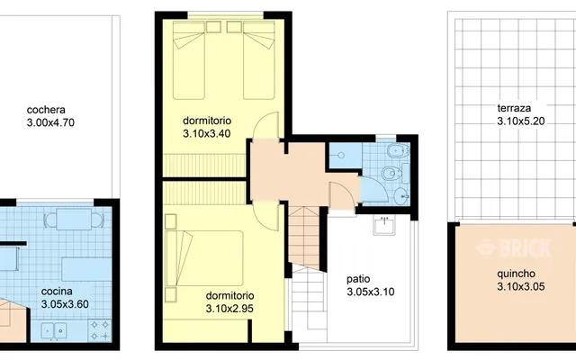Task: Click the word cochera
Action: tap(46, 110)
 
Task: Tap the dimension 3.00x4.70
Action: tap(50, 122)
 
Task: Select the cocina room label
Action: tap(57, 292)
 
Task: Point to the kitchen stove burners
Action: tap(100, 330)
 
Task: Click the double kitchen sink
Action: tap(54, 330)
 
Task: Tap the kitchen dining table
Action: tap(74, 220)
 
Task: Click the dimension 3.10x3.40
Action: tap(207, 133)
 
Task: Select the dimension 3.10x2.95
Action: tap(229, 309)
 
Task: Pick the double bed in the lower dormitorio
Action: tap(204, 258)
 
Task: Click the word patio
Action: tap(358, 279)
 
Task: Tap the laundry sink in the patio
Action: tap(384, 224)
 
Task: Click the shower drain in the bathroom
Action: tap(341, 156)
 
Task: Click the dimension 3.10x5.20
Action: tap(521, 121)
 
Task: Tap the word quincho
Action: tap(516, 274)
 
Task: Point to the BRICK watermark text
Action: tap(514, 247)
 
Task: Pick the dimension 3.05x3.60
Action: tap(65, 304)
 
